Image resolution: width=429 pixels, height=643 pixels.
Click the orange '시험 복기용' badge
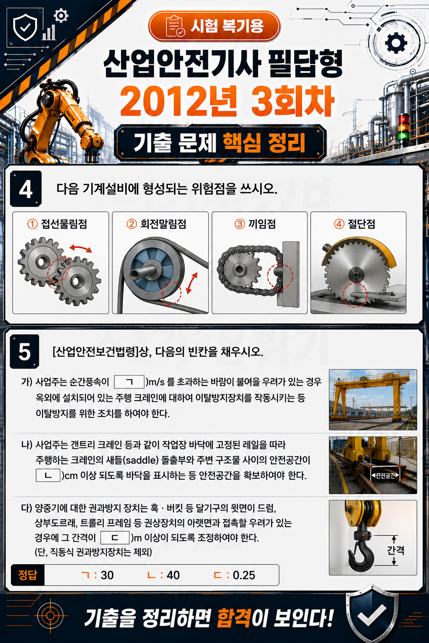214,26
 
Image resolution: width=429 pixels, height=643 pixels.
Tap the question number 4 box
26,189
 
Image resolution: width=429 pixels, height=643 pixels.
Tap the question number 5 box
24,351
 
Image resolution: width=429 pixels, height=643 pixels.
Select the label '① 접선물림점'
57,224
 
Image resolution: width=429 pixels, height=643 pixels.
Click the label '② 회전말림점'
156,224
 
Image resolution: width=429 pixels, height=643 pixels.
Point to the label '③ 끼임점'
255,224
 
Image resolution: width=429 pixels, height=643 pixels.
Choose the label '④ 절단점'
354,224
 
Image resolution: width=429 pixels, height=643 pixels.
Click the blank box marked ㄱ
129,382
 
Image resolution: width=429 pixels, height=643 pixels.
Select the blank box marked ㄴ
48,476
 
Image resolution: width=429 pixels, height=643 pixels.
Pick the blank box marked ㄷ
115,538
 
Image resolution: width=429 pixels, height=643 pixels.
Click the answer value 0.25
244,575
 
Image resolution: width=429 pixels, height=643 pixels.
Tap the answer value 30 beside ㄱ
107,575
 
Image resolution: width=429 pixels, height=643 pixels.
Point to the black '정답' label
28,575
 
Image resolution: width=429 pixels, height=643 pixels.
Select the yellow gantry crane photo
373,400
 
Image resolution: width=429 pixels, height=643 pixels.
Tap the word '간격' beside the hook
395,550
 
